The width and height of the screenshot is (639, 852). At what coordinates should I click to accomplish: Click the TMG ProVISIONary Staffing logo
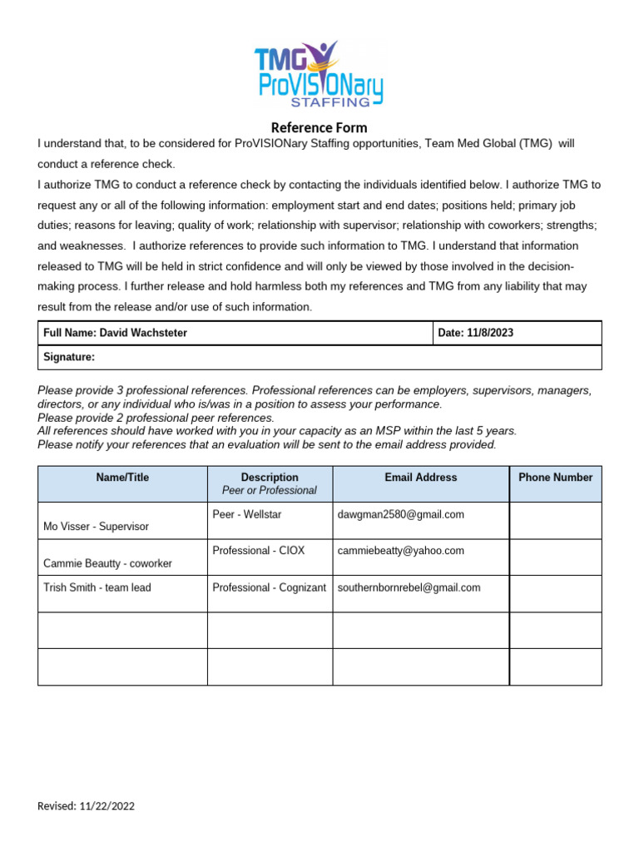click(319, 75)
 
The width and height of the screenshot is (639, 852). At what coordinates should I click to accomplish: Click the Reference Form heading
click(319, 128)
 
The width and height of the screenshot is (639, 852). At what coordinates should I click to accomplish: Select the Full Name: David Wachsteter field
click(116, 333)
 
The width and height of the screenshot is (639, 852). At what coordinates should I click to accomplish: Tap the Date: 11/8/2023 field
click(476, 333)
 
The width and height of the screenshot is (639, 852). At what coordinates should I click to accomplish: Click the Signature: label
click(69, 357)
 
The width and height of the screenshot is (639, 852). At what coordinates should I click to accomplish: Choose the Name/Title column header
click(122, 478)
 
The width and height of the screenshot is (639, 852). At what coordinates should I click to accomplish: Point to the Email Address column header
click(420, 478)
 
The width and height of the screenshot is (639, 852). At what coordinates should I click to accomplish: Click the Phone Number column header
click(555, 478)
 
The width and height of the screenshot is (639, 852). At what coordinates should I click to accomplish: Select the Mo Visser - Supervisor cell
click(96, 527)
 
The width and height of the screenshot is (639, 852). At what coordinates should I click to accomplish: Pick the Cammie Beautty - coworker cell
click(107, 563)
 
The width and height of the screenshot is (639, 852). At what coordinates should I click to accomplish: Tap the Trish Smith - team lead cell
click(97, 587)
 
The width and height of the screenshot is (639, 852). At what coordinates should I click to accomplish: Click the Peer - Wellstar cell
click(247, 515)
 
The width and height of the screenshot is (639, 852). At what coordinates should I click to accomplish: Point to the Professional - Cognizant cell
click(269, 587)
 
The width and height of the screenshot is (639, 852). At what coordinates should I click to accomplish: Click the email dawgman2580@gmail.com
click(401, 515)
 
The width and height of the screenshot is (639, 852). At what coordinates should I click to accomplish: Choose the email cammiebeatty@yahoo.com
click(401, 551)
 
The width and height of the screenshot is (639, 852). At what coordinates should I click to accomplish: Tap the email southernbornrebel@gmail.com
click(409, 587)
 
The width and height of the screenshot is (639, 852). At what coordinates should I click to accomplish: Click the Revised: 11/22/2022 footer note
click(87, 806)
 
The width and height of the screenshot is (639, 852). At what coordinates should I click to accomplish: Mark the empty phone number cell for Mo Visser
click(555, 521)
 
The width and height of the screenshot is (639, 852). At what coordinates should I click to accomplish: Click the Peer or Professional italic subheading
click(269, 490)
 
